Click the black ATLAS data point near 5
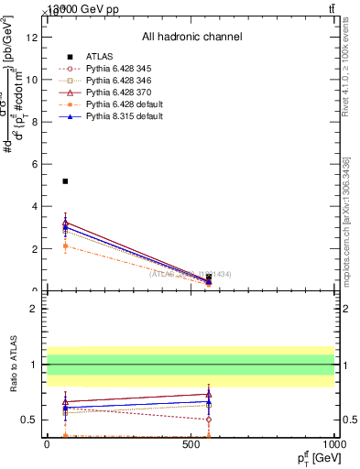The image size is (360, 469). (65, 181)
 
